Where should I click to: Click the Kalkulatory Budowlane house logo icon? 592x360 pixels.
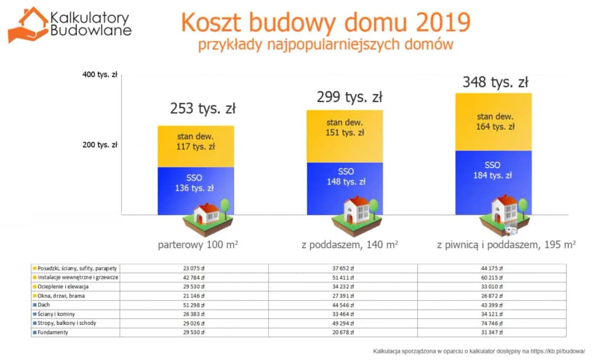[x=27, y=25]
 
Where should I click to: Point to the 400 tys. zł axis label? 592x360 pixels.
[x=100, y=75]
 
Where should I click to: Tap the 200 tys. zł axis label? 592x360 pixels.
[x=100, y=145]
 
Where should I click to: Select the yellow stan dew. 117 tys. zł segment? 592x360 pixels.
[x=196, y=142]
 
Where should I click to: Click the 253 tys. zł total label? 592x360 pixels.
[x=202, y=108]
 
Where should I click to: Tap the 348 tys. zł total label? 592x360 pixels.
[x=495, y=83]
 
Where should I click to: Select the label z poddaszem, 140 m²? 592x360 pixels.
[x=349, y=244]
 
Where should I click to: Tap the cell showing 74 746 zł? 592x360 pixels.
[x=492, y=323]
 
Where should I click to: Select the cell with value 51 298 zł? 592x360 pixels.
[x=193, y=305]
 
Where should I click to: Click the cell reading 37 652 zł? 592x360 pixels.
[x=342, y=268]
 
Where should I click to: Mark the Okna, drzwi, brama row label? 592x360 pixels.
[x=61, y=296]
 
